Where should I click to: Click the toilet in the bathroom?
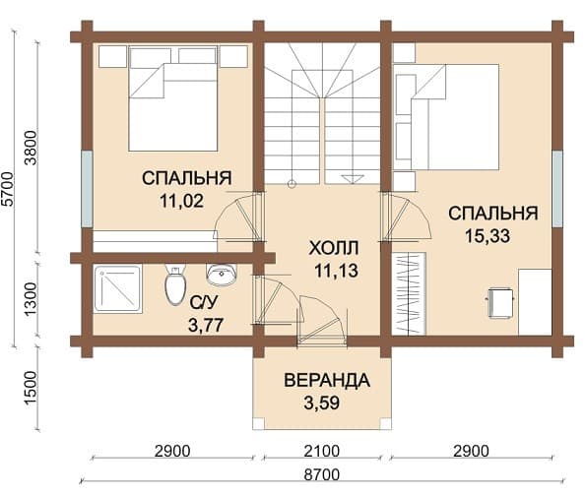click(x=175, y=284)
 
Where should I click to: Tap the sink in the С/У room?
click(x=222, y=275)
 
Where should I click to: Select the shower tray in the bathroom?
click(x=118, y=288)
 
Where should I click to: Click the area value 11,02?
click(x=181, y=202)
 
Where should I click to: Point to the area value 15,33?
click(x=487, y=235)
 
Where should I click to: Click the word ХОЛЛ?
click(x=334, y=248)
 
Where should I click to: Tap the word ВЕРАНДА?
click(x=327, y=381)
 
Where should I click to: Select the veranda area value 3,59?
click(x=322, y=403)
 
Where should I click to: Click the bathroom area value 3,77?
click(x=206, y=325)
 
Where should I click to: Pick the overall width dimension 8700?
click(x=322, y=475)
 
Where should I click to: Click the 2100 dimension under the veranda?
click(x=322, y=451)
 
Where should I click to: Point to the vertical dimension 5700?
click(x=8, y=189)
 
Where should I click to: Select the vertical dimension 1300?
click(x=31, y=299)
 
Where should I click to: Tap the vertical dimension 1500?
click(x=31, y=388)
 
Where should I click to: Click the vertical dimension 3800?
click(x=31, y=148)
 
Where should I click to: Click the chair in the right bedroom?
click(x=500, y=302)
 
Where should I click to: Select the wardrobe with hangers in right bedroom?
click(x=409, y=293)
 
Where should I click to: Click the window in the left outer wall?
click(x=87, y=189)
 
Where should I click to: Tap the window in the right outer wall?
click(x=557, y=189)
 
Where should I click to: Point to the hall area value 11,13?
click(x=336, y=271)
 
